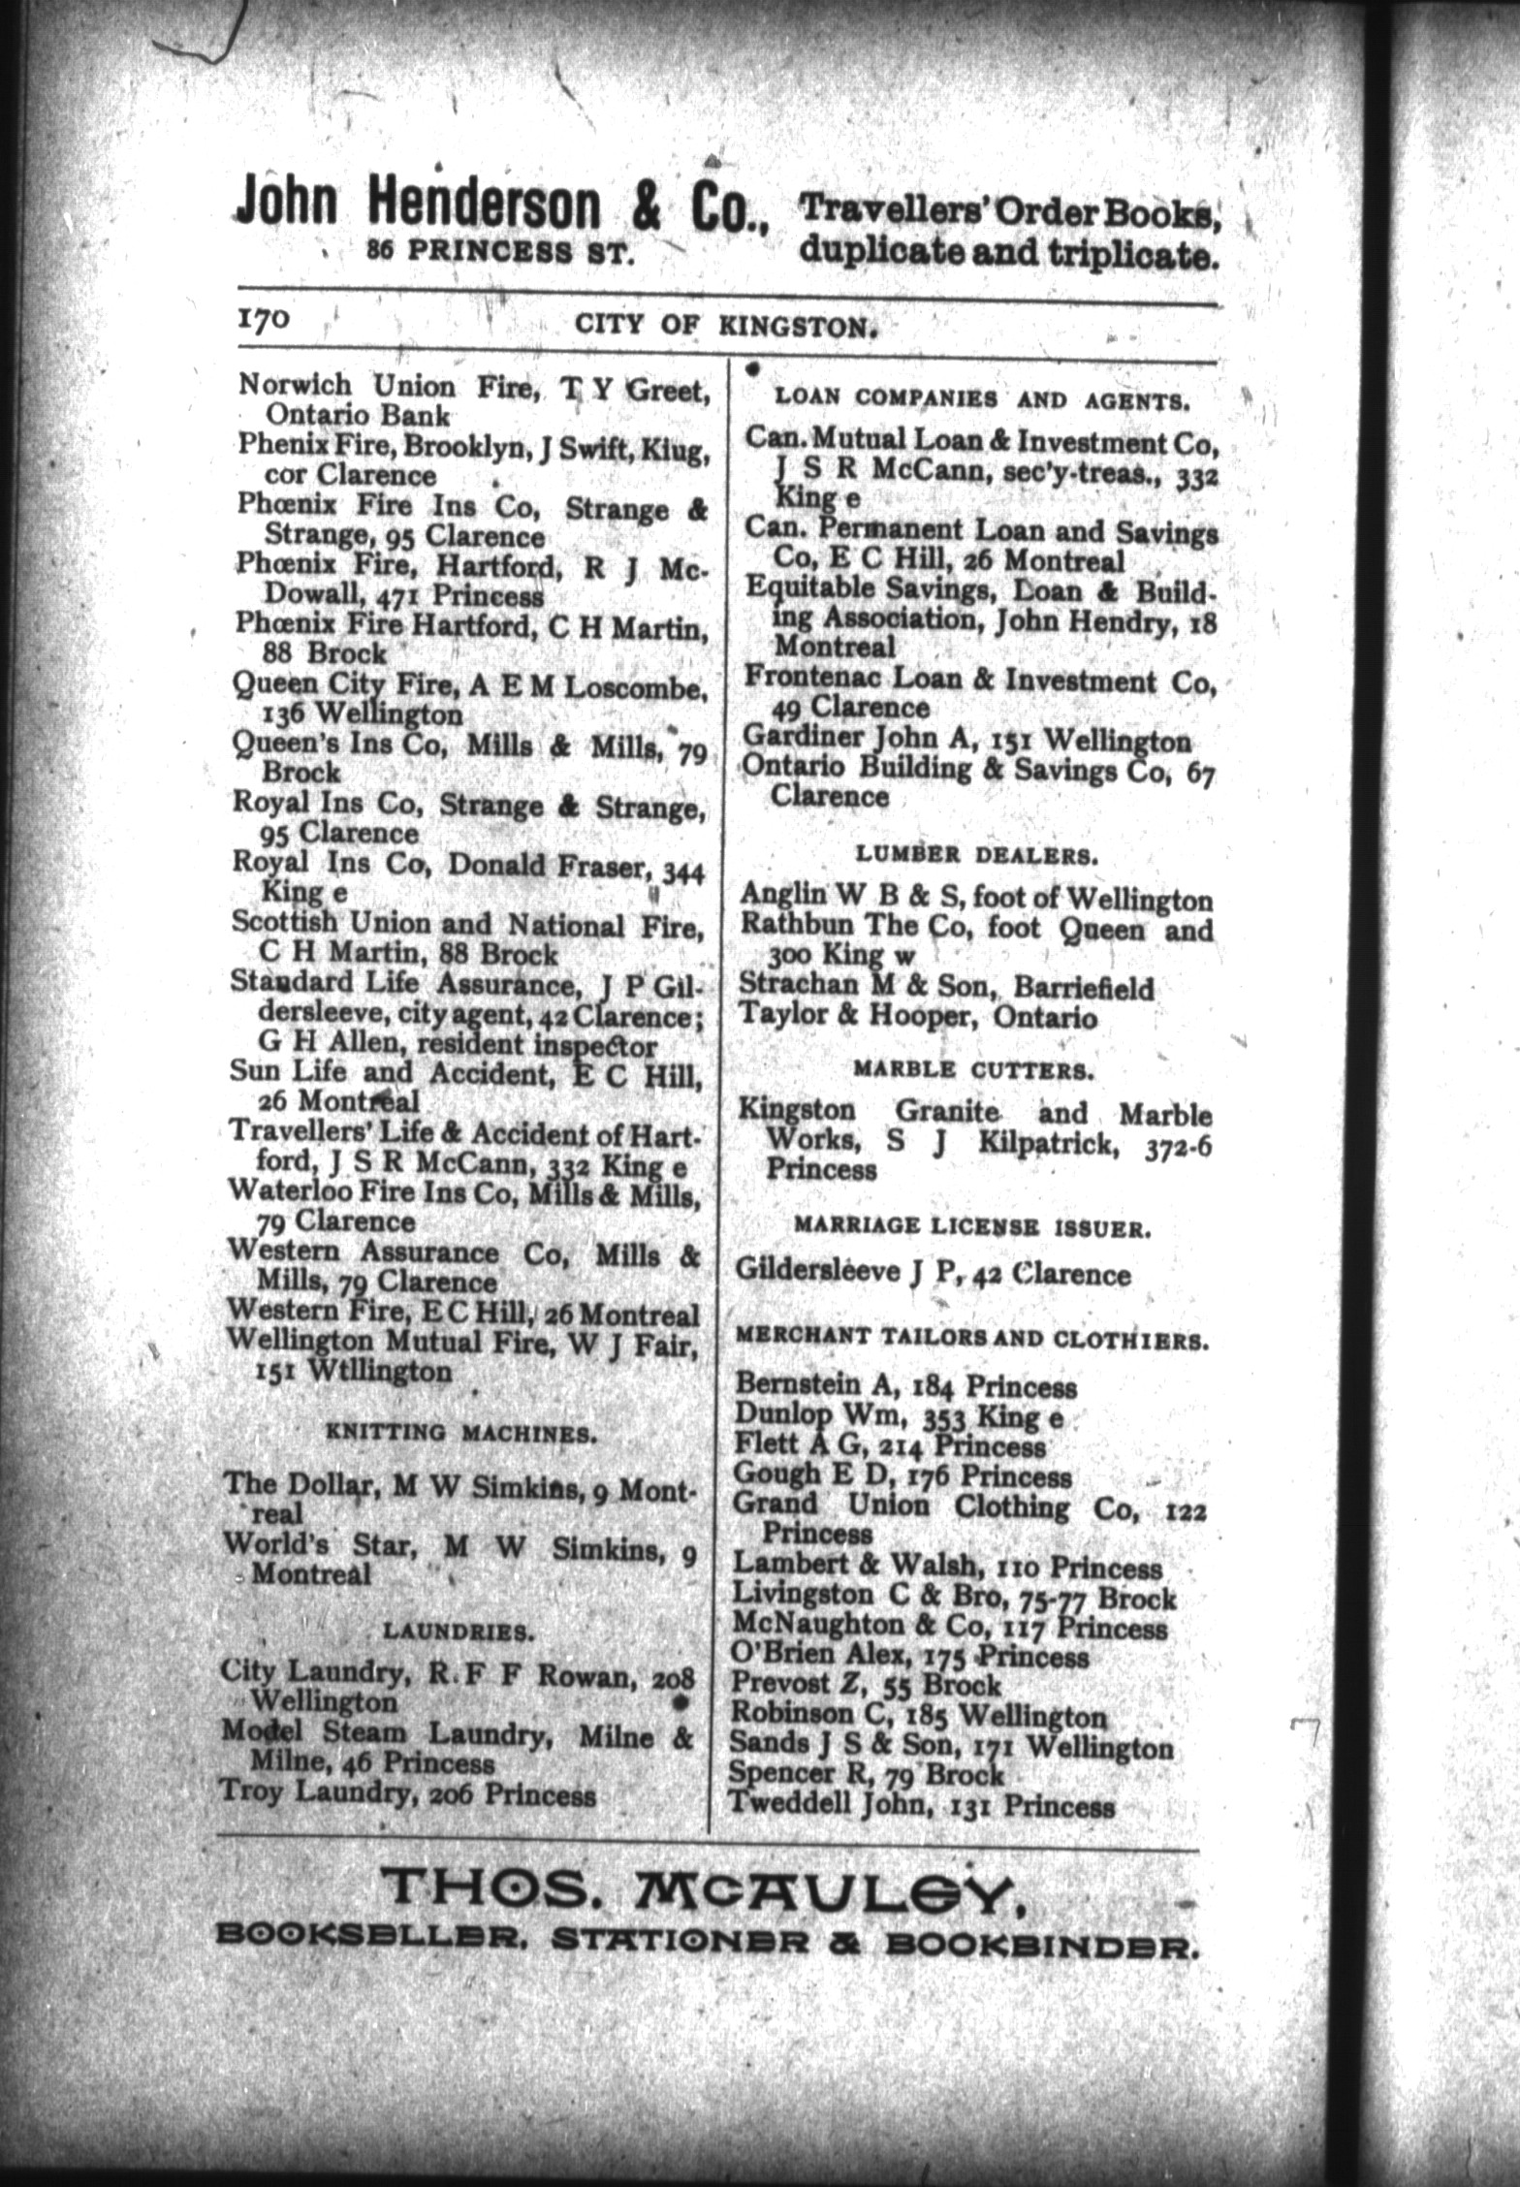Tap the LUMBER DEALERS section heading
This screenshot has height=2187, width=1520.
pyautogui.click(x=976, y=855)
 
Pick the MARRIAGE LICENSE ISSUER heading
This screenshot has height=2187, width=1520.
pyautogui.click(x=972, y=1227)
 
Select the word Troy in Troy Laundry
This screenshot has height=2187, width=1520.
pyautogui.click(x=251, y=1792)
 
